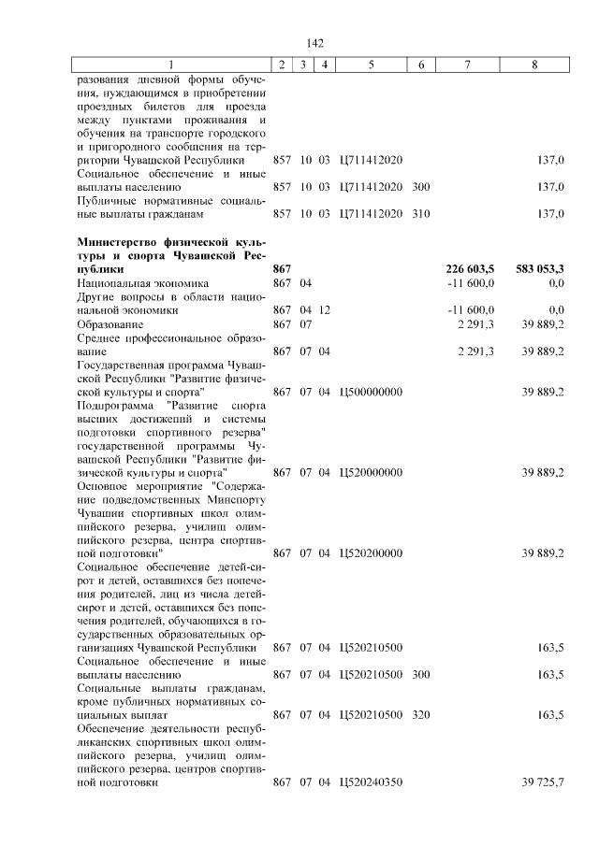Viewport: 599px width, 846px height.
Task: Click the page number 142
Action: (314, 43)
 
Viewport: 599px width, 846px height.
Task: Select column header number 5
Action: (371, 65)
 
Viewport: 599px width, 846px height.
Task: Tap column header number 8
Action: (533, 65)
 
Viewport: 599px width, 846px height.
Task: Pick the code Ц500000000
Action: (371, 392)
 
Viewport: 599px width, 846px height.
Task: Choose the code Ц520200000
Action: (371, 552)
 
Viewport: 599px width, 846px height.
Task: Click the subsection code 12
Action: (324, 309)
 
